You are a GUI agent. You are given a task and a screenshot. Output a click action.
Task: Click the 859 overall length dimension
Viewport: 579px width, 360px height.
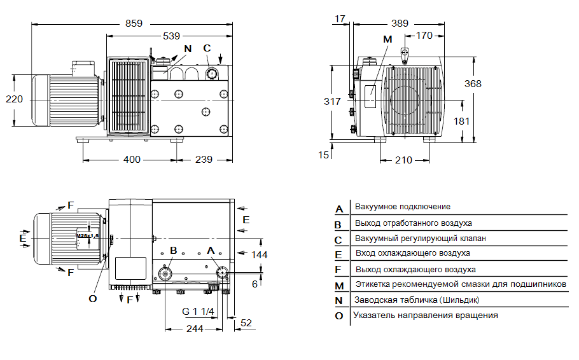[134, 23]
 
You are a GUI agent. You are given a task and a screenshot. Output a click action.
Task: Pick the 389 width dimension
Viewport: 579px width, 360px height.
[400, 23]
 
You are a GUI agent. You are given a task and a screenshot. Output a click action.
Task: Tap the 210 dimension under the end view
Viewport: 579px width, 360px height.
[403, 160]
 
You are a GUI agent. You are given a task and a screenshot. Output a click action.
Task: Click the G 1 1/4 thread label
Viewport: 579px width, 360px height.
[199, 311]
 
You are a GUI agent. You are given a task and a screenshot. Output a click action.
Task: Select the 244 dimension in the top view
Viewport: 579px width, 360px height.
[195, 328]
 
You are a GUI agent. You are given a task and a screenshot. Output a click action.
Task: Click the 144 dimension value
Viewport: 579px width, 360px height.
[259, 254]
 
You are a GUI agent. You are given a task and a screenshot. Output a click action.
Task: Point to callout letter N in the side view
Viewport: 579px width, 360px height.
[187, 48]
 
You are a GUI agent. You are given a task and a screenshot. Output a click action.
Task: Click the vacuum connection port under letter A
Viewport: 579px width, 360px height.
[223, 273]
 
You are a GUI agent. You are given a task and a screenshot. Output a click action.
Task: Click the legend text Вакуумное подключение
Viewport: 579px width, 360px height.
[403, 207]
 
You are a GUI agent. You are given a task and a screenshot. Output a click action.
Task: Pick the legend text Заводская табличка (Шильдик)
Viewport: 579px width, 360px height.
[417, 300]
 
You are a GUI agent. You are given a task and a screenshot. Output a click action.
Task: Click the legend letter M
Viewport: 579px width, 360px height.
[339, 286]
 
